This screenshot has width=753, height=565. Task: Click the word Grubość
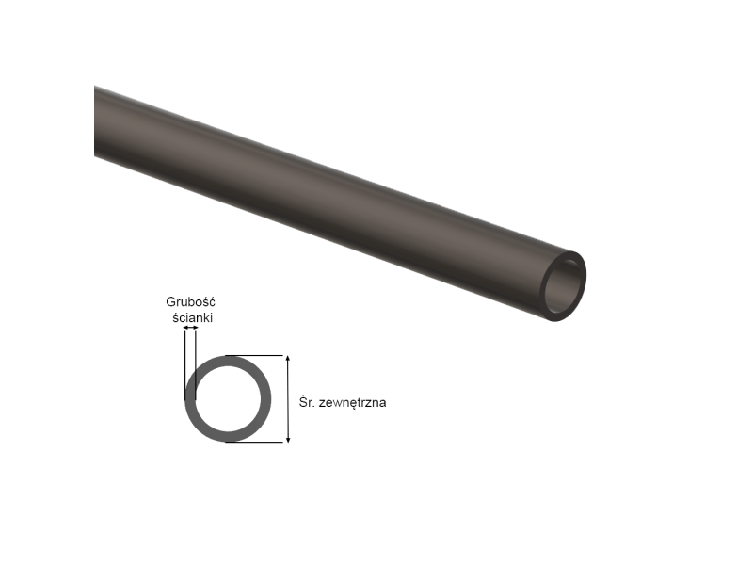[191, 302]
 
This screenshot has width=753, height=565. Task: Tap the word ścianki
[193, 318]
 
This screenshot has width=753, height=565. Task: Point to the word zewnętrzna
[355, 402]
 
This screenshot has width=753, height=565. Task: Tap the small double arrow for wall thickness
[191, 328]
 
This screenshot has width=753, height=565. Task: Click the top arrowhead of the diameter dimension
[287, 360]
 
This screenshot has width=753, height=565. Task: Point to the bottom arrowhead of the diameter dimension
[287, 437]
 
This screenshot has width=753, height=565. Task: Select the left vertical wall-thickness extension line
[185, 363]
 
